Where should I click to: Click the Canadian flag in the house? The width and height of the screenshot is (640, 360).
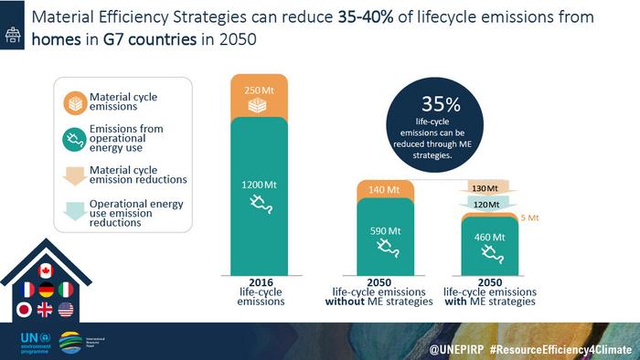click(x=47, y=270)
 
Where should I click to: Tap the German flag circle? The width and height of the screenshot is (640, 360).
click(x=47, y=291)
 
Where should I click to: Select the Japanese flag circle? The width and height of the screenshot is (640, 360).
click(x=27, y=310)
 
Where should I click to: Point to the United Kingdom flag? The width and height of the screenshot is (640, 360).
click(x=47, y=310)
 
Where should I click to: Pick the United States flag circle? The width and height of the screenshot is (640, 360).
click(x=66, y=310)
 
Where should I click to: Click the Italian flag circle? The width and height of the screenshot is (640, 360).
click(x=66, y=291)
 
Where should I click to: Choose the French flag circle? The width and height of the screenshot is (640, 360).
click(x=27, y=291)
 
